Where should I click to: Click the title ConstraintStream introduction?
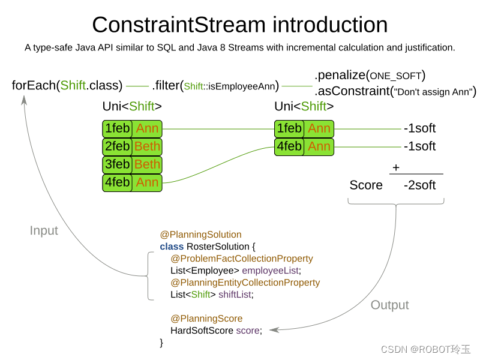coord(239,25)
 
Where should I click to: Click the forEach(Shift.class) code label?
coord(67,85)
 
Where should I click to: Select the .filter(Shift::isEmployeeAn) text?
coord(215,86)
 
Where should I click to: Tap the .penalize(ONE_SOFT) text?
coord(370,75)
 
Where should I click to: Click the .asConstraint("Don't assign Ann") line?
coord(395,92)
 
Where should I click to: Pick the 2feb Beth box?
coord(132,146)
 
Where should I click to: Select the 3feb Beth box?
coord(132,164)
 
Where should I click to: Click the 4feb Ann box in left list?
coord(132,182)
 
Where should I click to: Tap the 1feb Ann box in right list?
coord(304,128)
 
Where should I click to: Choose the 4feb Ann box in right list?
coord(304,146)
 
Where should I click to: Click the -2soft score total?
coord(419,185)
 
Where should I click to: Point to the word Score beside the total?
coord(366,185)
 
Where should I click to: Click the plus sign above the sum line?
coord(396,168)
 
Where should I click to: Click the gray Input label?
coord(44,230)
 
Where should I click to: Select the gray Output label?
coord(389,305)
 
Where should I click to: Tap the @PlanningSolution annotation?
coord(200,235)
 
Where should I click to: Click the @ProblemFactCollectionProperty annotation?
coord(242,259)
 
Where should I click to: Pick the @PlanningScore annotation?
coord(206,319)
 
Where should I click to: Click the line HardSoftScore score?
coord(216,331)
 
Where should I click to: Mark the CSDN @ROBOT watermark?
coord(425,349)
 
